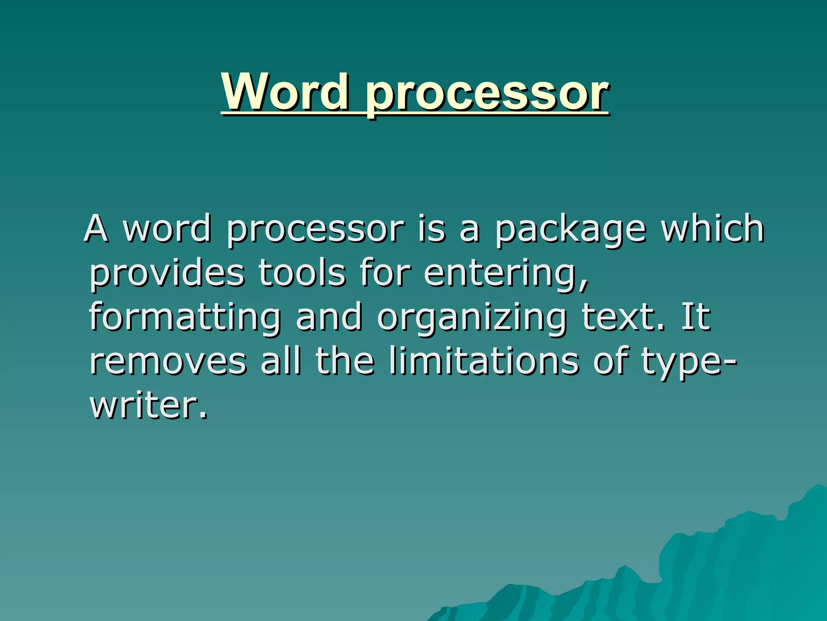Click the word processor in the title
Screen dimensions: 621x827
[487, 95]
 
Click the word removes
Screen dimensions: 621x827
[168, 361]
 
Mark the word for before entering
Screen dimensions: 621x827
[385, 273]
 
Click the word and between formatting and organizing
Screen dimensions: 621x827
[329, 317]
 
